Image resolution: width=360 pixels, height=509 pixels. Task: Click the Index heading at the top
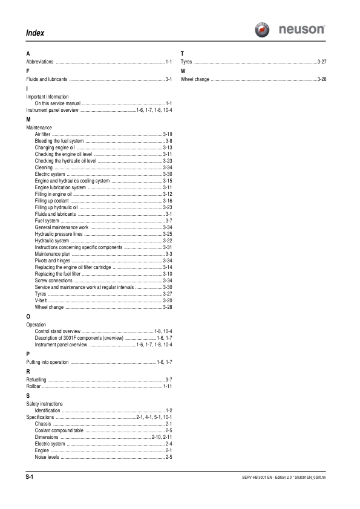tap(35, 32)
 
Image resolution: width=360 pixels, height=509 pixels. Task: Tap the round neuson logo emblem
tap(263, 30)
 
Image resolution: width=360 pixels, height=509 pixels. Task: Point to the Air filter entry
tap(44, 133)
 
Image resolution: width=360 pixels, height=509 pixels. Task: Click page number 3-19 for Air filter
tap(168, 133)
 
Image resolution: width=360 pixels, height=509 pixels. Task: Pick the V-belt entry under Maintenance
tap(41, 300)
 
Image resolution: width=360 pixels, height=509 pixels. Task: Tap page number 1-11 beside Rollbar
tap(168, 385)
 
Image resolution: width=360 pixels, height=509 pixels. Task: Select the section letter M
tap(28, 120)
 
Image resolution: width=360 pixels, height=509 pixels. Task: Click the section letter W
tap(183, 71)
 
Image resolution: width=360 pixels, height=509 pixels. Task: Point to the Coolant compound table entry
tap(59, 430)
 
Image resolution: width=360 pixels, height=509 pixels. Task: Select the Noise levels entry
tap(47, 457)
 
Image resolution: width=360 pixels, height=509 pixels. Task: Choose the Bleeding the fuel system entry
tap(59, 140)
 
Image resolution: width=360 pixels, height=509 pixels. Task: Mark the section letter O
tap(28, 316)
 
